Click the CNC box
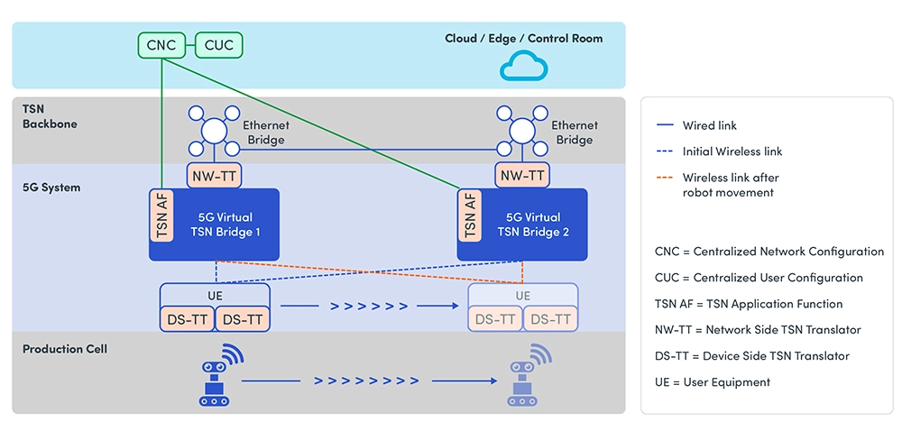tap(161, 45)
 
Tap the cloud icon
tap(523, 67)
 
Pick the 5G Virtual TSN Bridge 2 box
tap(532, 225)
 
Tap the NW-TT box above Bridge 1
tap(214, 176)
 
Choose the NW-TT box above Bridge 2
tap(522, 176)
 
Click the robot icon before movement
tap(216, 378)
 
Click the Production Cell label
tap(65, 349)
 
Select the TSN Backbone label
tap(50, 116)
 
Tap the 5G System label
tap(51, 188)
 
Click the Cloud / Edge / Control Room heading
tap(523, 39)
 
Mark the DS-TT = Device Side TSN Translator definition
tap(752, 356)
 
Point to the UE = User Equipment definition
tap(713, 382)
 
